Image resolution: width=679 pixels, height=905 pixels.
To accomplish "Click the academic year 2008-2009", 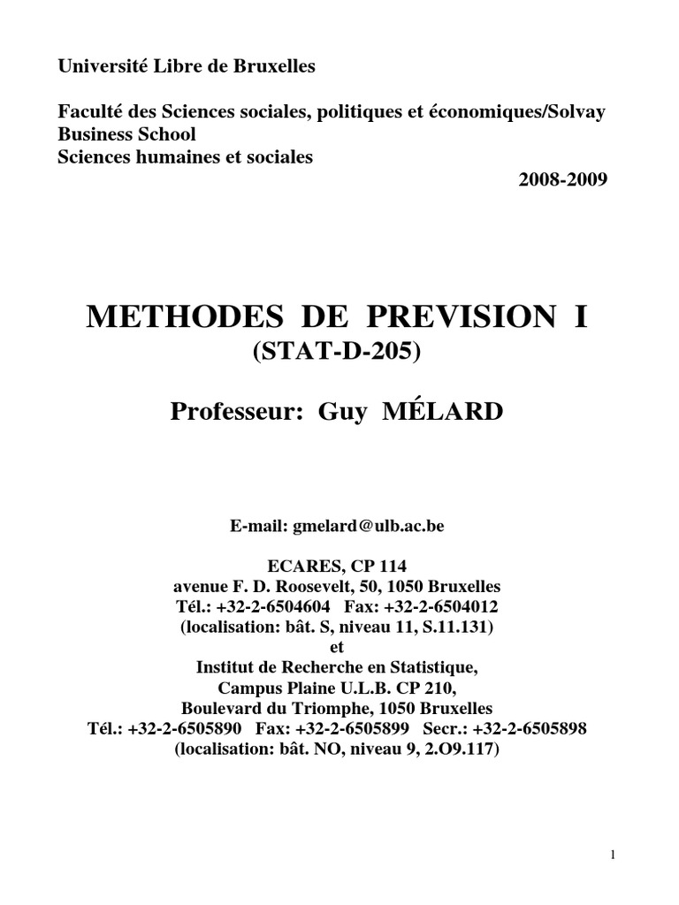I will [x=562, y=180].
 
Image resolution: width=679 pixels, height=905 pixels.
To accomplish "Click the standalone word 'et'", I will [x=339, y=647].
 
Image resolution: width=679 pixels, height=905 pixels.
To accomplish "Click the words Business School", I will [x=126, y=134].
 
